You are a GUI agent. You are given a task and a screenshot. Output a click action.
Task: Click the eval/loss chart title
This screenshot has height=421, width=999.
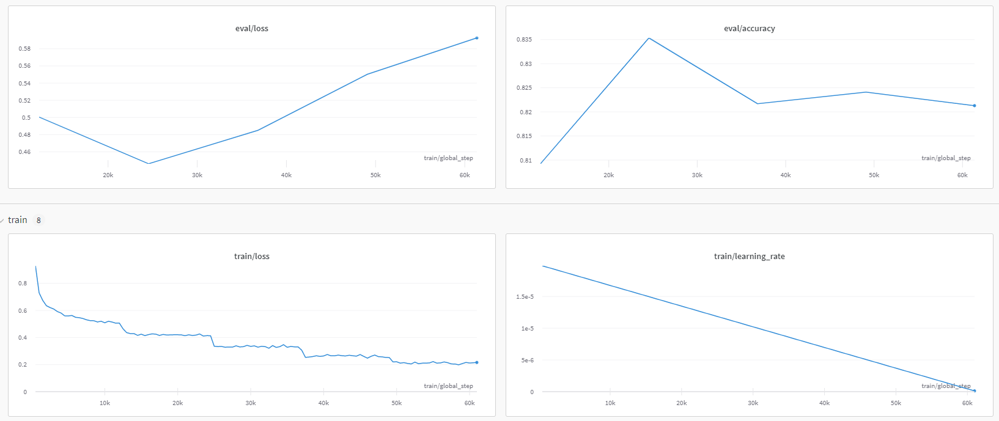251,28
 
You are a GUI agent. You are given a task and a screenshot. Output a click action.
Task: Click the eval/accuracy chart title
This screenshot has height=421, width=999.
749,28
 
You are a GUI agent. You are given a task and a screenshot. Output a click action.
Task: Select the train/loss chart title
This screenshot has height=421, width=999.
251,256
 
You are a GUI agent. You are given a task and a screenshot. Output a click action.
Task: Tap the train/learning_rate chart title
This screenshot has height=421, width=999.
749,256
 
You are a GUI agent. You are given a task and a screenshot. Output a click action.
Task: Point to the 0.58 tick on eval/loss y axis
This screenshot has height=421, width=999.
24,48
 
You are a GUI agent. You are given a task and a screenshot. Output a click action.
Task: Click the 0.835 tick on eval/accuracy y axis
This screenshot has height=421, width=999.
524,40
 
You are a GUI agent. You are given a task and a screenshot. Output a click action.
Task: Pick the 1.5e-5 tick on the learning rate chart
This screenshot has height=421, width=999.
525,297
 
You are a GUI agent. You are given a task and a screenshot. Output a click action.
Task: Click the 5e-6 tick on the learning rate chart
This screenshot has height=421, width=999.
527,361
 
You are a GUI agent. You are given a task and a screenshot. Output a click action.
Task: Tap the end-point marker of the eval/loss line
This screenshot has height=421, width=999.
477,38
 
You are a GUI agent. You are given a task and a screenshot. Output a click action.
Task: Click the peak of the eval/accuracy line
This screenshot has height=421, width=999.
649,38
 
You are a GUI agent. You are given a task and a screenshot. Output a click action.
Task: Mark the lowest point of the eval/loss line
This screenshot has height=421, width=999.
149,163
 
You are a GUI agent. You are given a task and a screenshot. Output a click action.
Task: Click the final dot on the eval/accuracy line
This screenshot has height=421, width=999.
975,106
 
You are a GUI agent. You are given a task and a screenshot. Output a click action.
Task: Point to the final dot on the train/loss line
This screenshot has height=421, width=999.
477,362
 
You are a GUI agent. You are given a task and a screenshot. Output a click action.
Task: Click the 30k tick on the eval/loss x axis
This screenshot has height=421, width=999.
197,175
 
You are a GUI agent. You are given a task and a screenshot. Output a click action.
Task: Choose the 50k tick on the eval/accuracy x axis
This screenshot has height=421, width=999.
874,175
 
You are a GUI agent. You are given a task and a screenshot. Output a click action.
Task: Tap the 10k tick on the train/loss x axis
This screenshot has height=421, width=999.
105,403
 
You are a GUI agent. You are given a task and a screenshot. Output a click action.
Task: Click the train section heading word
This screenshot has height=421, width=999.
17,220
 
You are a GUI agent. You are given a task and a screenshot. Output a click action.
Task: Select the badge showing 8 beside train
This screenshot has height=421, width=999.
39,220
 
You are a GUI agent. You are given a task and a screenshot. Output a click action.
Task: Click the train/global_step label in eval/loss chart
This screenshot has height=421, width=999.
448,158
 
